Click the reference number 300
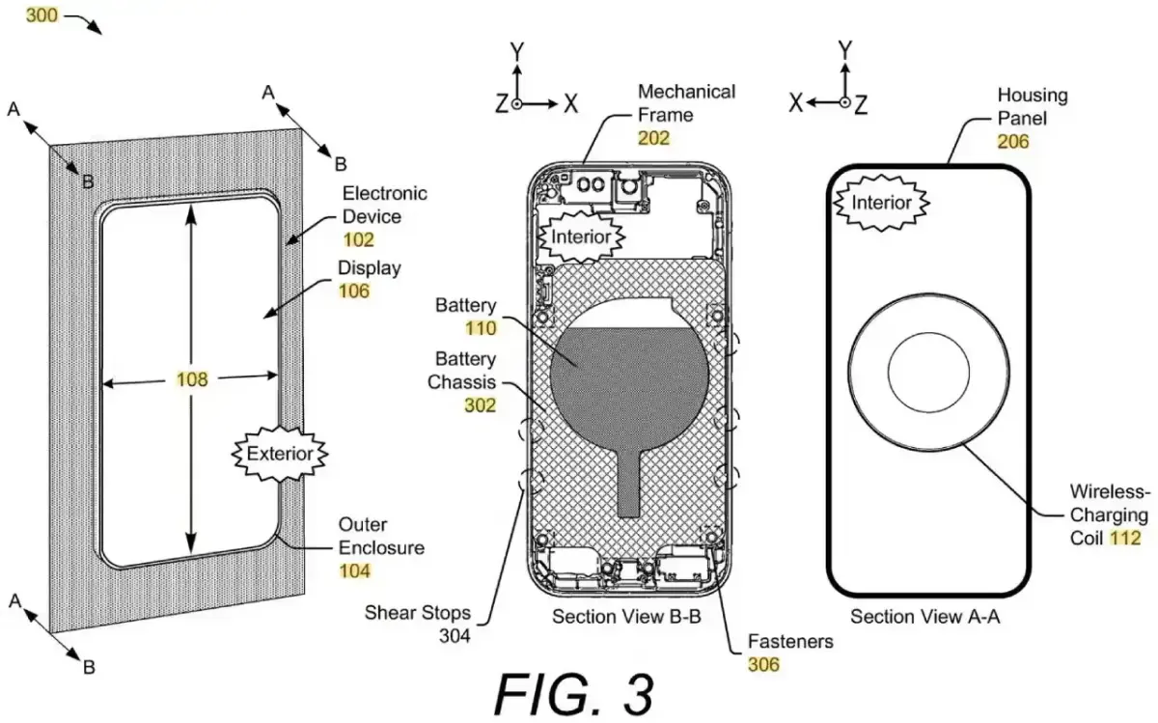coord(41,16)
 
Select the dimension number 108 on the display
coord(191,380)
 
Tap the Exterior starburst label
coord(281,453)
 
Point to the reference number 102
coord(358,240)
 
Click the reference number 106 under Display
coord(353,291)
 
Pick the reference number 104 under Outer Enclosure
coord(354,570)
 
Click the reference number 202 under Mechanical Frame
coord(653,137)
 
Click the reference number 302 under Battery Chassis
coord(479,405)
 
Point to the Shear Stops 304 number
coord(453,635)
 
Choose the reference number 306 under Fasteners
coord(763,663)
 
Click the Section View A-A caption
coord(924,617)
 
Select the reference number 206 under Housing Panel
coord(1013,141)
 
